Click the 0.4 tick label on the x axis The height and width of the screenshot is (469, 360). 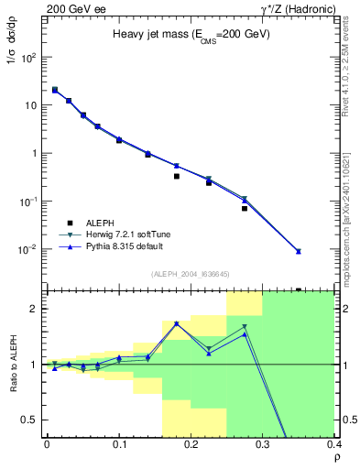click(333, 443)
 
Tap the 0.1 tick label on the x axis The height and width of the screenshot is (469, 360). click(119, 443)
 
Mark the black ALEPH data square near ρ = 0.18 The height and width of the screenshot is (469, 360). click(177, 176)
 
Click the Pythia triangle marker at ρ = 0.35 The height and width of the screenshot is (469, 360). click(323, 251)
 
